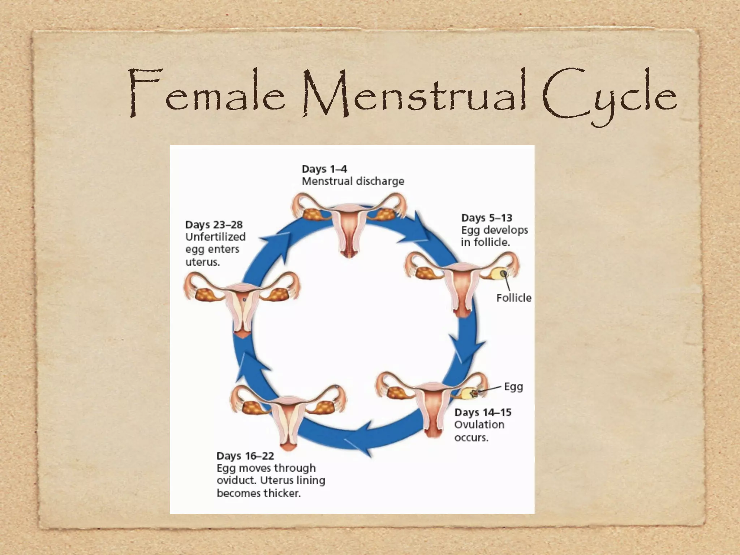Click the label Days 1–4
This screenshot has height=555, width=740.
pyautogui.click(x=324, y=169)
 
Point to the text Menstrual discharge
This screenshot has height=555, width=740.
pyautogui.click(x=353, y=181)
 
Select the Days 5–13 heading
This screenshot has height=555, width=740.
pyautogui.click(x=486, y=218)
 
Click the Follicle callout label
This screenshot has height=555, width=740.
pyautogui.click(x=513, y=298)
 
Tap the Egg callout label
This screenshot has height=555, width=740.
pyautogui.click(x=513, y=387)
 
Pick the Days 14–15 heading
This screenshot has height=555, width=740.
pyautogui.click(x=483, y=412)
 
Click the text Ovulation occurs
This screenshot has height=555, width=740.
pyautogui.click(x=479, y=431)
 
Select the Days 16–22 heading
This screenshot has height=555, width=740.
pyautogui.click(x=245, y=456)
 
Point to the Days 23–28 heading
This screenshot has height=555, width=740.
pyautogui.click(x=214, y=225)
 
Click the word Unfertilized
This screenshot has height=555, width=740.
pyautogui.click(x=215, y=237)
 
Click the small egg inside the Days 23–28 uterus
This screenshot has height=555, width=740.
pyautogui.click(x=245, y=299)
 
